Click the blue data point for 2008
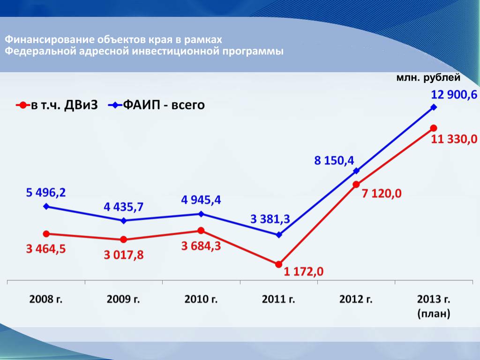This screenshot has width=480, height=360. click(x=46, y=206)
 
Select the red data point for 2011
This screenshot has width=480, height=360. click(x=279, y=265)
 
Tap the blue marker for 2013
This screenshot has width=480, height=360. click(x=434, y=107)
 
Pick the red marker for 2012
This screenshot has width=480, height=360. click(x=356, y=184)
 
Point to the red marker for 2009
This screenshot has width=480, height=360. click(x=123, y=240)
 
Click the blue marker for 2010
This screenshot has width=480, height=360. click(x=201, y=214)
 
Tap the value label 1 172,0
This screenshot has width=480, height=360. click(x=303, y=271)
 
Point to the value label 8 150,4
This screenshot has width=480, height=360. click(x=334, y=161)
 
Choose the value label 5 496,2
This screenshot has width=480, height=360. click(x=46, y=192)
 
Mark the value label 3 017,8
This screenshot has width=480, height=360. click(x=124, y=255)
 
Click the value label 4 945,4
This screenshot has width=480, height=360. click(x=201, y=200)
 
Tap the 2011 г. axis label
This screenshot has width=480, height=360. click(x=278, y=299)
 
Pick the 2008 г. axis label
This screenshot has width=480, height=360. click(x=46, y=299)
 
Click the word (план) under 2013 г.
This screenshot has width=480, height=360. click(x=434, y=314)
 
